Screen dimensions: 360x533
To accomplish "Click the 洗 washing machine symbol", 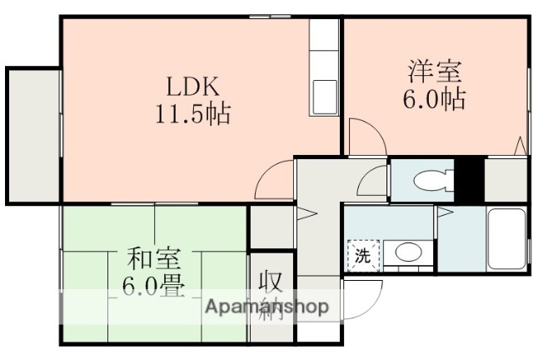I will click(363, 256).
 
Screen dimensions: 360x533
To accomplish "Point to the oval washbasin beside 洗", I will click(406, 252).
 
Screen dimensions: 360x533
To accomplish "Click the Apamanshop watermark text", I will click(266, 307).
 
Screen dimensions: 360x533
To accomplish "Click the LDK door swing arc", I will click(271, 179).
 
